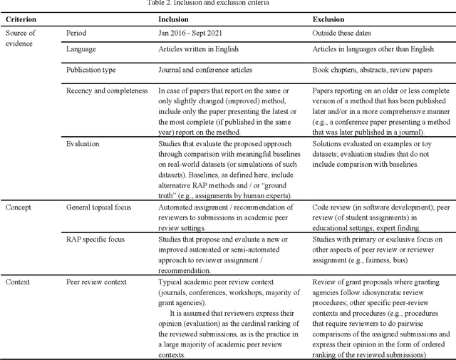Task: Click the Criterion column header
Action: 22,19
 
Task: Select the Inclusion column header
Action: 174,19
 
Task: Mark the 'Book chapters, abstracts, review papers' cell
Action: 377,71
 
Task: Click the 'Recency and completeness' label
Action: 107,91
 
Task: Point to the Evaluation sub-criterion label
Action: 83,143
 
